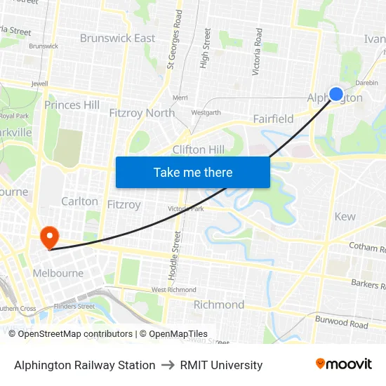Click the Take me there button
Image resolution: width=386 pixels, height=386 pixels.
point(193,172)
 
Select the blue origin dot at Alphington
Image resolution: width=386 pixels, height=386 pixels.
point(336,94)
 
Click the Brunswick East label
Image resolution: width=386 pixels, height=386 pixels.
point(117,38)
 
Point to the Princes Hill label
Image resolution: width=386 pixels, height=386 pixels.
point(72,105)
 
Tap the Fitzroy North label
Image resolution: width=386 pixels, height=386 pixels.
point(142,112)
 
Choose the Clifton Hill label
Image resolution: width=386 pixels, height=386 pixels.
point(199,149)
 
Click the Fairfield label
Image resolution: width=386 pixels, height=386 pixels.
point(273,119)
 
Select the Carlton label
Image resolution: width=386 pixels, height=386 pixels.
point(79,201)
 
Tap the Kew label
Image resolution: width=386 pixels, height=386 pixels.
point(345,216)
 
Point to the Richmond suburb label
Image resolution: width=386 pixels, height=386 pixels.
point(219,305)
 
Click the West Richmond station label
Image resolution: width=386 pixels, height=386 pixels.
point(173,290)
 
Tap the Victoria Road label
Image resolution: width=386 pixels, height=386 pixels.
point(257,52)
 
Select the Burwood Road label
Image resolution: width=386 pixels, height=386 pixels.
point(341,324)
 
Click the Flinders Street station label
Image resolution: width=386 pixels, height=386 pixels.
point(74,306)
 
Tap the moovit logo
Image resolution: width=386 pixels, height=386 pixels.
point(344,364)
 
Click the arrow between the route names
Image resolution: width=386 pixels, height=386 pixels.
point(168,365)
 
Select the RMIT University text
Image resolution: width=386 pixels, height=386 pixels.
point(221,365)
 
